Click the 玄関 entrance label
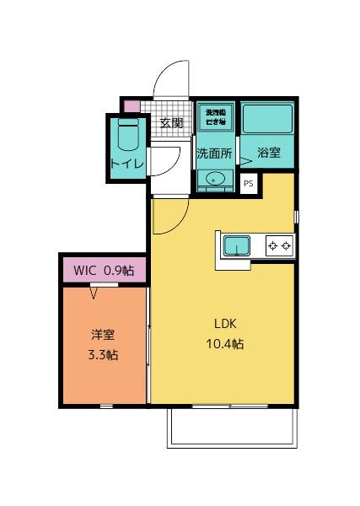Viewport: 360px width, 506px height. click(171, 123)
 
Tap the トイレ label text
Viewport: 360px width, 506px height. click(127, 163)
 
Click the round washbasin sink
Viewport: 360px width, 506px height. click(215, 179)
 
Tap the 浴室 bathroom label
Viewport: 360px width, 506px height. click(269, 154)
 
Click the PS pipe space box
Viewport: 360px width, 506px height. click(248, 182)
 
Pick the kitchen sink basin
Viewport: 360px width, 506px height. click(237, 246)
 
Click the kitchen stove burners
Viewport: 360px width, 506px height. click(279, 246)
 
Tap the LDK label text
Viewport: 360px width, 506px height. click(225, 322)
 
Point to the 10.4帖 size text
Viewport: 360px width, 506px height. click(225, 344)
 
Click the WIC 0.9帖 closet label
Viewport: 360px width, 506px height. click(104, 271)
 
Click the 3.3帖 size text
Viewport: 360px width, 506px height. click(103, 355)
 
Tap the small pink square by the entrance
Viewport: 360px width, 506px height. click(131, 106)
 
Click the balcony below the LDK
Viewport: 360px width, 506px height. click(232, 428)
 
